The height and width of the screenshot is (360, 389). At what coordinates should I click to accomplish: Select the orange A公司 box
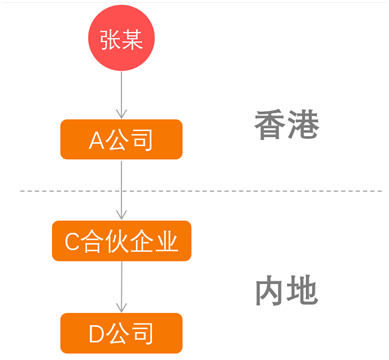point(121,139)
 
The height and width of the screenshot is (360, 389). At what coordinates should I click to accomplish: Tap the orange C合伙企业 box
point(121,241)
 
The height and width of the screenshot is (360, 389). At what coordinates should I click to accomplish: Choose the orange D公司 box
point(121,332)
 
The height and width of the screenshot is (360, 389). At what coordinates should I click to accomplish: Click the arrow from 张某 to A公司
point(121,96)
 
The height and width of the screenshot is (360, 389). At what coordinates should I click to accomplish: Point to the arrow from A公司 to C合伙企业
point(121,190)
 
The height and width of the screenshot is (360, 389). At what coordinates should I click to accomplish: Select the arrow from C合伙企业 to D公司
point(121,287)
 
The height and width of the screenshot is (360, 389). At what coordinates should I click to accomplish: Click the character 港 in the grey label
point(302,125)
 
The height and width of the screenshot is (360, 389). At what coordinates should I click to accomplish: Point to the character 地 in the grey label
point(302,290)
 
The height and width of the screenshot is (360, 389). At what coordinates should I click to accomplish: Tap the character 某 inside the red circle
point(133,39)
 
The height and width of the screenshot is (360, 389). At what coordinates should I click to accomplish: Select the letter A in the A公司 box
point(97,140)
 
